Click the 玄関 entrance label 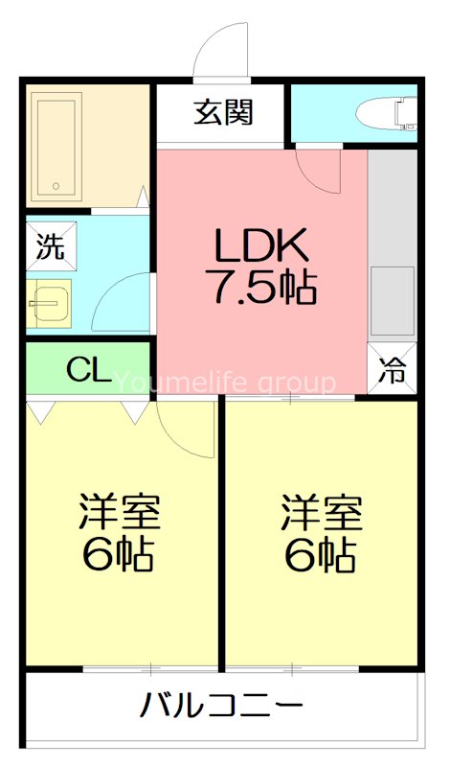223,113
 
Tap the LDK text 260,248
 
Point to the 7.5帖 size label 260,287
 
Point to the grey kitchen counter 393,240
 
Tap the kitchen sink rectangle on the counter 394,299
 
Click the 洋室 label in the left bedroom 119,513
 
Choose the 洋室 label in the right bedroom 322,513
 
